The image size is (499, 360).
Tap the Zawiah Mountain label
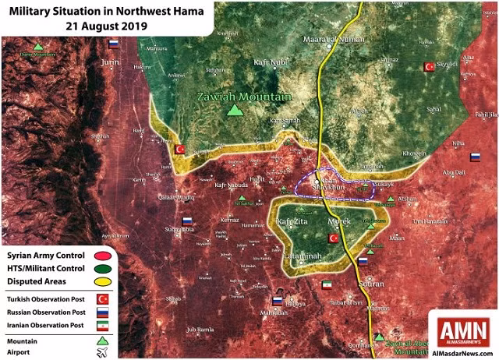coord(243,97)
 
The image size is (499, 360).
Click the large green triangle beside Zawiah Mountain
coord(233,111)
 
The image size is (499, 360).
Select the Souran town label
coord(369,284)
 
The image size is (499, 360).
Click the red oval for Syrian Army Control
coord(101,256)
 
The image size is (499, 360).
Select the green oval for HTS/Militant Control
coord(101,269)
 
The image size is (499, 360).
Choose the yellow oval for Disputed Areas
coord(101,282)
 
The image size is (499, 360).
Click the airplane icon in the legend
coord(101,352)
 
